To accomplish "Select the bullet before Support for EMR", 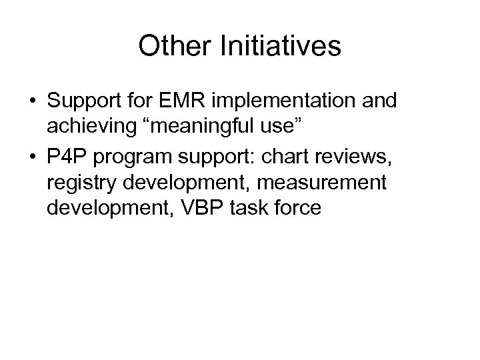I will pos(32,103).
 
